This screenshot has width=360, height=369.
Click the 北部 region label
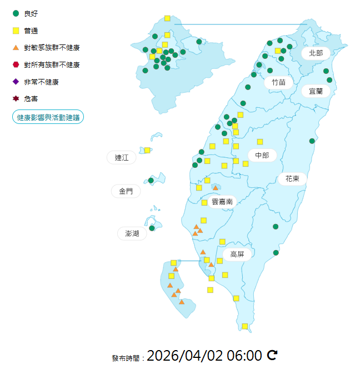point(316,53)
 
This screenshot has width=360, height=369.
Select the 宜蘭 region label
point(316,91)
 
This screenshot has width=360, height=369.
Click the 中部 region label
point(262,156)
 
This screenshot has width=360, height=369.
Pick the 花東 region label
point(293,179)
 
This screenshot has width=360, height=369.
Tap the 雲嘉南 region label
point(222,202)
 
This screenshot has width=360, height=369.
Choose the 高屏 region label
point(237,254)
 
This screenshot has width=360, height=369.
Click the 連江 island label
point(122,158)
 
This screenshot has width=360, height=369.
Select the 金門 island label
point(126,191)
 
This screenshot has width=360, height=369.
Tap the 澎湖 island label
point(132,233)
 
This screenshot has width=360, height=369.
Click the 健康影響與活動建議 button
point(48,117)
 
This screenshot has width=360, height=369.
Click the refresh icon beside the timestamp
point(272,355)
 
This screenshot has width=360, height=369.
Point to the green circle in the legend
point(16,13)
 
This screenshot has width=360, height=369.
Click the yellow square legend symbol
point(16,30)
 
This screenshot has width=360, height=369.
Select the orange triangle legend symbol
point(16,48)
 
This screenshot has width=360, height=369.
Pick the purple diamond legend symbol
point(16,82)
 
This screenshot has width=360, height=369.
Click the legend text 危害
point(31,99)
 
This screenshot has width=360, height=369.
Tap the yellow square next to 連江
point(147,150)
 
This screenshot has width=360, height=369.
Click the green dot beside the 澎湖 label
point(152,228)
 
